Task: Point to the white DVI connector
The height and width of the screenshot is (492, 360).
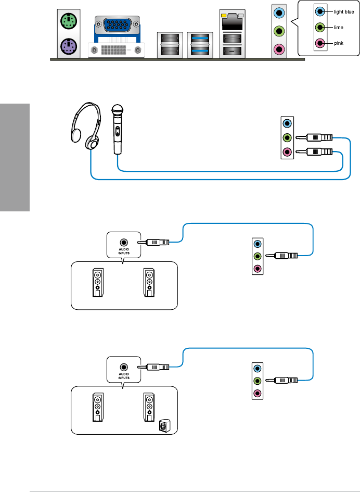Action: tap(117, 51)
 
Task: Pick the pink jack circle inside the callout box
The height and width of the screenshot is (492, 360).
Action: tap(320, 44)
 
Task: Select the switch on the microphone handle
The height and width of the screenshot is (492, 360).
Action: tap(118, 132)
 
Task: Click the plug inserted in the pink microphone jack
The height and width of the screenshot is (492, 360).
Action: tap(314, 152)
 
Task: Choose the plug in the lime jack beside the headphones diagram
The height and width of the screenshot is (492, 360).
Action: tap(314, 138)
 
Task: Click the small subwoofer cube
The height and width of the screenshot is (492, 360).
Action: tap(164, 426)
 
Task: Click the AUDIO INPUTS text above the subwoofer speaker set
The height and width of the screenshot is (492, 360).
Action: tap(124, 376)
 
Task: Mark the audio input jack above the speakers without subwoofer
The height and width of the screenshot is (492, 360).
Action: tap(124, 242)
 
